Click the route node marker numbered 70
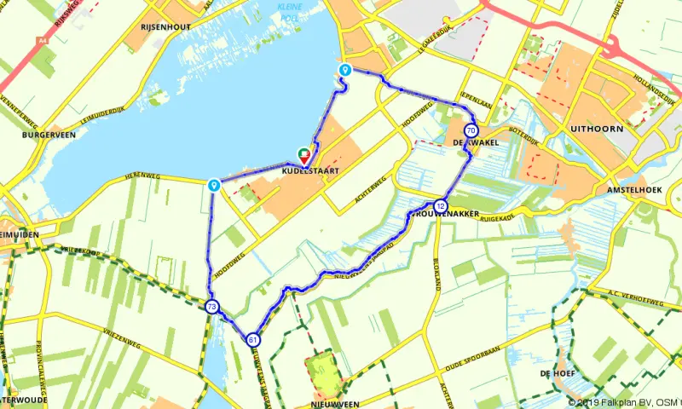coord(471,130)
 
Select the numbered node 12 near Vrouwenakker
coord(440,205)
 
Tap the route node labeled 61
coord(253,340)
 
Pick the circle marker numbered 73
coord(211,307)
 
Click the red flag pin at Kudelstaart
coord(304,156)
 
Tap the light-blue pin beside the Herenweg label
coord(214,184)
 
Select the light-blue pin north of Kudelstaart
coord(344,71)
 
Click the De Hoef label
coord(553,373)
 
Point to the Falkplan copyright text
coord(623,402)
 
